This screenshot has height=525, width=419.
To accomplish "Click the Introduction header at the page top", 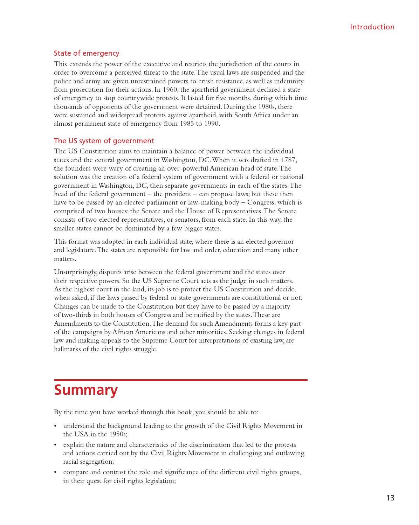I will pos(372,27).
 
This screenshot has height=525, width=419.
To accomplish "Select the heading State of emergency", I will pos(87,53).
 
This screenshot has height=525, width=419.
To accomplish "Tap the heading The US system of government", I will pos(104,141).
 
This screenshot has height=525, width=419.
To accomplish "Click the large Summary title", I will pos(86,390).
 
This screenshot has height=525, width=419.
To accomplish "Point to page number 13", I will pos(390,498).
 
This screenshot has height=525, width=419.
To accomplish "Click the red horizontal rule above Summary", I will pos(180,380).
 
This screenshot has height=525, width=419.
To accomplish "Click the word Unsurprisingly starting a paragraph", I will pos(75,272).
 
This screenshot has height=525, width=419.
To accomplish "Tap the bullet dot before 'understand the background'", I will pos(55,426).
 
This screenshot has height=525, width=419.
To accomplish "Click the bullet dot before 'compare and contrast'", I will pos(55,472).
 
